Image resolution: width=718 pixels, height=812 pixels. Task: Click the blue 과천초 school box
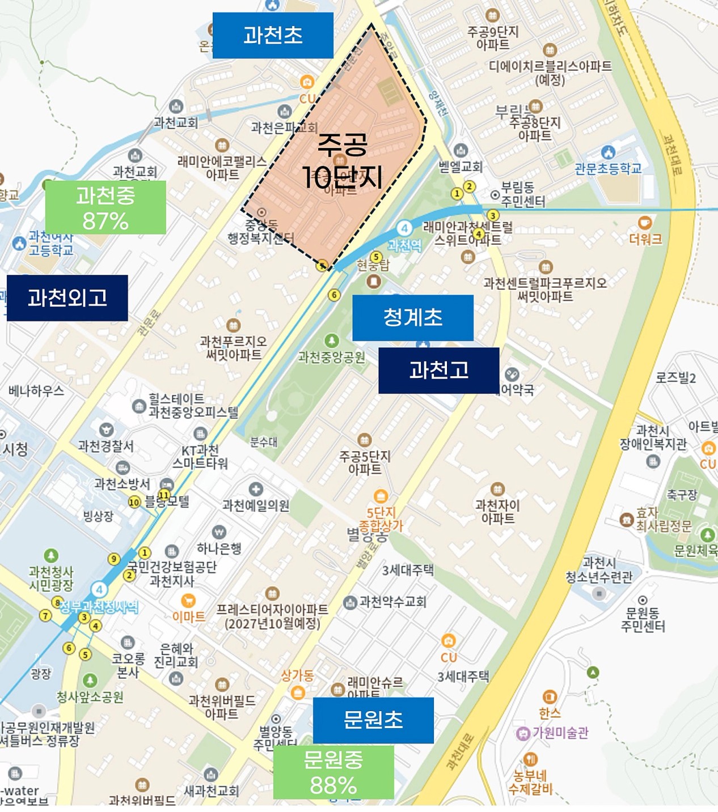(x=273, y=35)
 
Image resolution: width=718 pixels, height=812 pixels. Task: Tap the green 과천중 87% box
(x=105, y=207)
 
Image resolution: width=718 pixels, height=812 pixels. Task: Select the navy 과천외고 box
(x=67, y=298)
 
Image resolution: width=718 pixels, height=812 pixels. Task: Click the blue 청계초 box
(x=412, y=317)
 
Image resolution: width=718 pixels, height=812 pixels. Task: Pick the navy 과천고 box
(x=438, y=371)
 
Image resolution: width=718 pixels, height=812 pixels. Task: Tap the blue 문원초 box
(x=373, y=720)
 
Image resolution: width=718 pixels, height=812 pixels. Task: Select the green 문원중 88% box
(x=333, y=772)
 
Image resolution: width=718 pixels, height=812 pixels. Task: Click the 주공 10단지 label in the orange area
(x=343, y=161)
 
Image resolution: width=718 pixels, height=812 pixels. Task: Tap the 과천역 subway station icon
(x=404, y=228)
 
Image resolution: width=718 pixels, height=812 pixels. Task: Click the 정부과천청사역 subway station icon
(x=99, y=589)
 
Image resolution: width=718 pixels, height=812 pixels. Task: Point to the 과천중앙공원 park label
(x=332, y=357)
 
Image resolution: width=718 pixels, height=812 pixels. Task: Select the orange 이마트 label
(x=189, y=617)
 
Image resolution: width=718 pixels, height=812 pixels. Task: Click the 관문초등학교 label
(x=608, y=168)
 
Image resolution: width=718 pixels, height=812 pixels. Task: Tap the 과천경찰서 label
(x=106, y=446)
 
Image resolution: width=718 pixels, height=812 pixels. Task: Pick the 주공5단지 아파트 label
(x=365, y=462)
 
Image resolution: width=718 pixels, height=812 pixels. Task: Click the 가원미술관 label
(x=560, y=733)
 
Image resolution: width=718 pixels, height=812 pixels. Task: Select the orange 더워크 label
(x=645, y=239)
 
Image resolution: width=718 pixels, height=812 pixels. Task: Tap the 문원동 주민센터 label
(x=643, y=619)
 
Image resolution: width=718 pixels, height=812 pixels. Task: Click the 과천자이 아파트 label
(x=497, y=511)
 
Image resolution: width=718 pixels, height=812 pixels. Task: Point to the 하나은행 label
(x=219, y=548)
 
